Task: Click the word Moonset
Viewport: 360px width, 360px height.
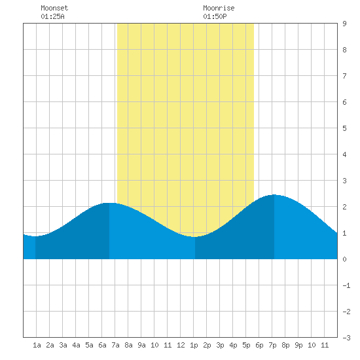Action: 54,8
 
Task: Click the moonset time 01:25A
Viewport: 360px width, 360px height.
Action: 52,16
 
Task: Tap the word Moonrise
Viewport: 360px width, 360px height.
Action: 219,8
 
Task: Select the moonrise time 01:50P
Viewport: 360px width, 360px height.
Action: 215,16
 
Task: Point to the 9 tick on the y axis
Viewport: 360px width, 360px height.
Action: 344,24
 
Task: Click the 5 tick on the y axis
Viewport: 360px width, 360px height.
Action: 344,128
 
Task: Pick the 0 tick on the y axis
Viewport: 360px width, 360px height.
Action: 344,259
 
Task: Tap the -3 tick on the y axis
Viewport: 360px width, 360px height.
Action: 346,338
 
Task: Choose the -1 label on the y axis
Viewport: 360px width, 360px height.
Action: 346,285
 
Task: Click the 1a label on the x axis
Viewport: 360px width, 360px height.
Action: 37,345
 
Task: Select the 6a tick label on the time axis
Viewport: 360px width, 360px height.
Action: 102,345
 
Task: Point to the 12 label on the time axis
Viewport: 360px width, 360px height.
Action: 181,345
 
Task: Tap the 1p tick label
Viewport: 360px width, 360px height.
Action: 194,345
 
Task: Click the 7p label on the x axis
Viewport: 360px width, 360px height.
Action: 272,345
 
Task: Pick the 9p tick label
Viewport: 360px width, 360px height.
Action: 298,345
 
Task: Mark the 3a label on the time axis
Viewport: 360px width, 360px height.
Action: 63,345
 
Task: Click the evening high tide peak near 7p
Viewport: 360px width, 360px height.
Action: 274,194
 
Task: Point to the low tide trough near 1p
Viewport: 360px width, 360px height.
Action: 194,237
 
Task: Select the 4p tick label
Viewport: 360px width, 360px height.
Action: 233,345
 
